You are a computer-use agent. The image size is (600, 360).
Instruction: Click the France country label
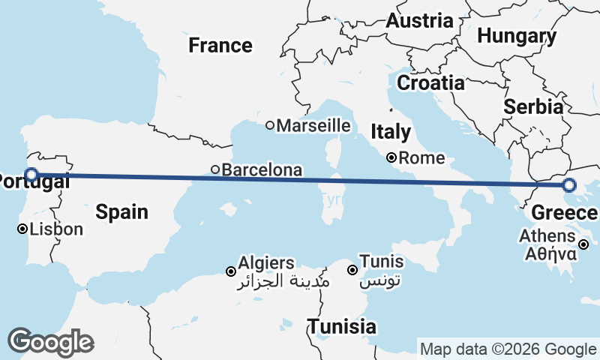(220, 46)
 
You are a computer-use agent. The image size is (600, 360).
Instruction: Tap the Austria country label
(419, 21)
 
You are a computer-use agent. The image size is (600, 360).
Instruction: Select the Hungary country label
(517, 36)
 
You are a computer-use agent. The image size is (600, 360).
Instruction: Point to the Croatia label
(430, 82)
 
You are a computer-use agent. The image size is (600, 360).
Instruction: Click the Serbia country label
(533, 106)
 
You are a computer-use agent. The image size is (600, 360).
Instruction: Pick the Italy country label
(391, 133)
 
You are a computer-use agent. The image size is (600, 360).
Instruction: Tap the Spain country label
(121, 212)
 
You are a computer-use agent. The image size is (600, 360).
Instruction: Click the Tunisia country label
(342, 327)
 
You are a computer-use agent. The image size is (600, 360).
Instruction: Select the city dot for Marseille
(270, 125)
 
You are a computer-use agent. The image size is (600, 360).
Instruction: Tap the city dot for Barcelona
(215, 169)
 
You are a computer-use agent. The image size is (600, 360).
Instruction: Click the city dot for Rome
(391, 158)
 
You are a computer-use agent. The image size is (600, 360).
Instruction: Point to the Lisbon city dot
(22, 229)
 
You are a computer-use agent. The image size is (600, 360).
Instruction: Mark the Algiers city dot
(231, 271)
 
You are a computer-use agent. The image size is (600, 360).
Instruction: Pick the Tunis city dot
(352, 270)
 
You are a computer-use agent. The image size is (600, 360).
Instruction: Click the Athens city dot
(583, 244)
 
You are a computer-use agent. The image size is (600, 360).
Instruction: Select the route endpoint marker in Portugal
(31, 175)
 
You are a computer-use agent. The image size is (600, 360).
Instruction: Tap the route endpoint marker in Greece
(569, 185)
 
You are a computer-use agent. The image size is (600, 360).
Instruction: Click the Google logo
(50, 342)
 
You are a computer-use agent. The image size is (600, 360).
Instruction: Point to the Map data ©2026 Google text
(508, 349)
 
